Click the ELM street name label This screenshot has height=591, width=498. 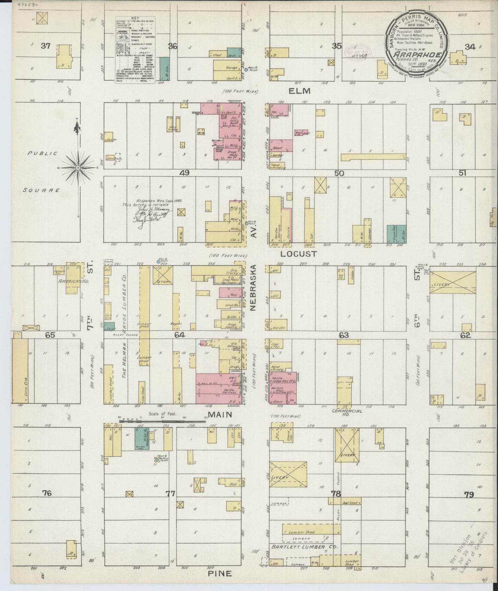pos(299,91)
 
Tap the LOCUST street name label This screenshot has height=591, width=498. pos(298,254)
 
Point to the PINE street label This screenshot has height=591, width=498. pos(219,573)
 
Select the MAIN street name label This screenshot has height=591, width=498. pos(219,415)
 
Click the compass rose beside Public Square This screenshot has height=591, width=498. pos(78,168)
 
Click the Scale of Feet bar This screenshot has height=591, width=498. pos(162,421)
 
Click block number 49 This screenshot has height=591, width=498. pos(185,173)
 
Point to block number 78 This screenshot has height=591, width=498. pos(336,494)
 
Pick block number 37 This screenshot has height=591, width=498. pos(45,46)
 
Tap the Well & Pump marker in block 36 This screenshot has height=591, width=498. pos(246,69)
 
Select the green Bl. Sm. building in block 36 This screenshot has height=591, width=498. pos(164,69)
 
